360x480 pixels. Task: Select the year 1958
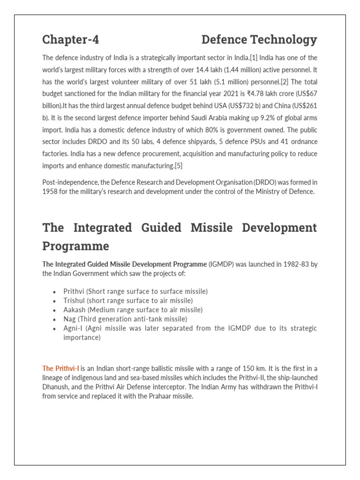tap(50, 191)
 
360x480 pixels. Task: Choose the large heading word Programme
tap(75, 246)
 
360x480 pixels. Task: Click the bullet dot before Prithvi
tap(55, 292)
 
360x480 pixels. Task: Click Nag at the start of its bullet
tap(69, 319)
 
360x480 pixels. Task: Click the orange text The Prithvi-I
tap(61, 368)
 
